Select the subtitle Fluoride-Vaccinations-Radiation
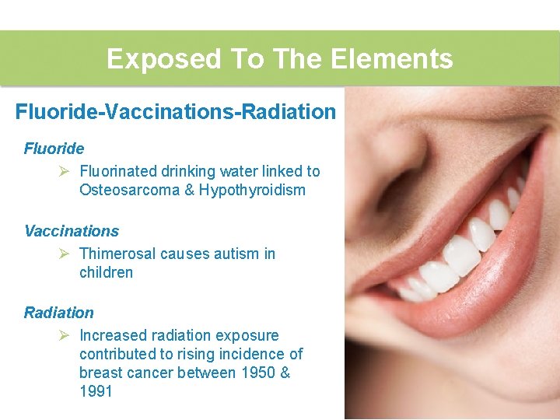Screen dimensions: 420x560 176,112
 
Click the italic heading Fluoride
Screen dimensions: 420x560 54,149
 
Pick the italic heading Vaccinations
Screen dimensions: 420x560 72,231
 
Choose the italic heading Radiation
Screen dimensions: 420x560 59,313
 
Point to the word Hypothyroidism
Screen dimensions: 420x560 252,191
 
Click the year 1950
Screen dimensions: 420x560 259,373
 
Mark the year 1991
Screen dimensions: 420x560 96,392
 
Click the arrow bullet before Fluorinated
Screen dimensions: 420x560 65,171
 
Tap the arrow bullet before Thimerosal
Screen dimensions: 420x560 65,254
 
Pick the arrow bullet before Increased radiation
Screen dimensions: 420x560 65,335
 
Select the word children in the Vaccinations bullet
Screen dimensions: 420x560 106,272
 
